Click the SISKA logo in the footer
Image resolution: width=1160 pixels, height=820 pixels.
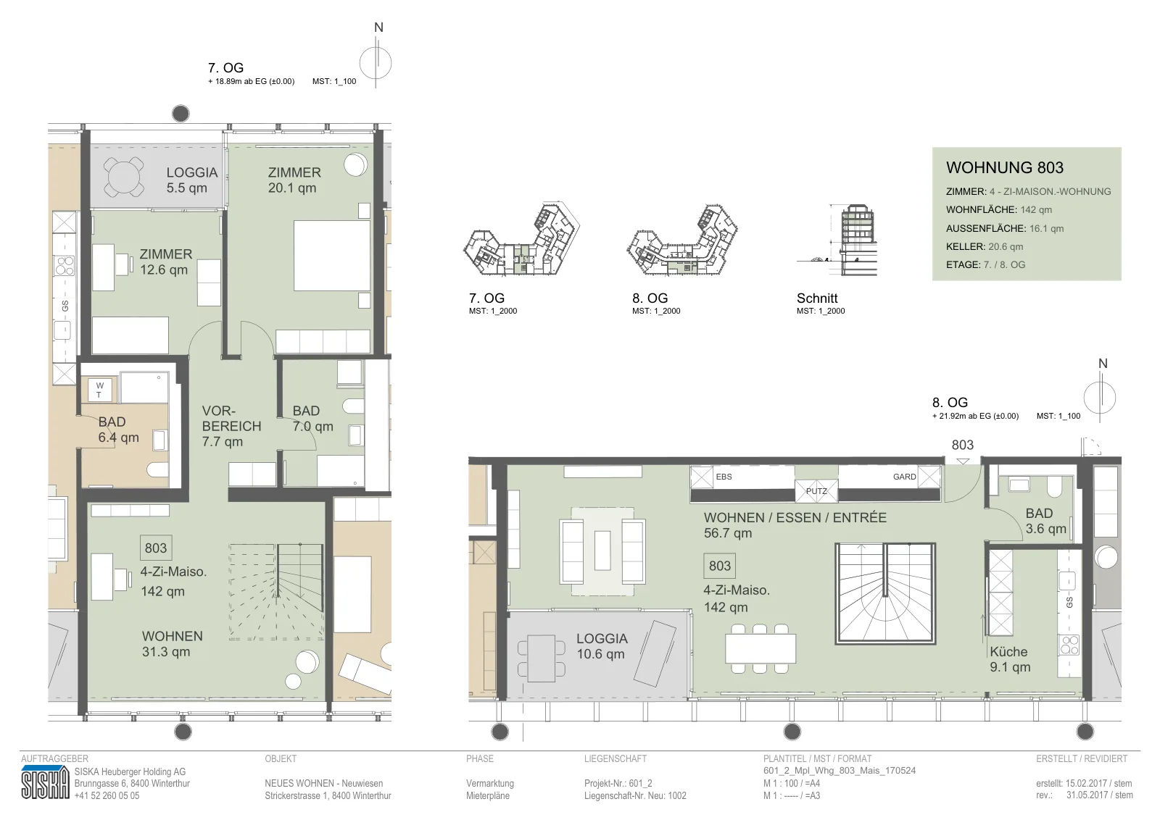pyautogui.click(x=45, y=783)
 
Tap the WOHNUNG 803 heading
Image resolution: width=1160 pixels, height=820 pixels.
pyautogui.click(x=1004, y=167)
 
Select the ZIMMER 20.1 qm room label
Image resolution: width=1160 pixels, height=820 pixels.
pyautogui.click(x=294, y=180)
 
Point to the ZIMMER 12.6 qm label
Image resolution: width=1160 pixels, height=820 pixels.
pyautogui.click(x=166, y=262)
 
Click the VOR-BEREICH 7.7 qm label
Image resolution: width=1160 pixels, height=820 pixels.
pyautogui.click(x=231, y=426)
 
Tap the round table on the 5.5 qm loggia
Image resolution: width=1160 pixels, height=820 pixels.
pyautogui.click(x=123, y=177)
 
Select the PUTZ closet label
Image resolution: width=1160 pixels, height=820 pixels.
pyautogui.click(x=816, y=491)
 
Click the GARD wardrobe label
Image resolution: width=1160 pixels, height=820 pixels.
pyautogui.click(x=904, y=477)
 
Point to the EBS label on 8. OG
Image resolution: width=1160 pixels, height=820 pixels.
pyautogui.click(x=724, y=477)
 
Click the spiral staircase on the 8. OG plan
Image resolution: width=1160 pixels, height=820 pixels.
pyautogui.click(x=885, y=593)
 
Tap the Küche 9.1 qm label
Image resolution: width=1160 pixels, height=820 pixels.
pyautogui.click(x=1010, y=659)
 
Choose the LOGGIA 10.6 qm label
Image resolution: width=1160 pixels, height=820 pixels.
pyautogui.click(x=602, y=646)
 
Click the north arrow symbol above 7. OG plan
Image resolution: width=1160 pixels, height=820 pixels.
pyautogui.click(x=376, y=63)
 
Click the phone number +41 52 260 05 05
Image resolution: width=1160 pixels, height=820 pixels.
pyautogui.click(x=107, y=795)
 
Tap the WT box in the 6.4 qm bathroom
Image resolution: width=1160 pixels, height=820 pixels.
pyautogui.click(x=100, y=390)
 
